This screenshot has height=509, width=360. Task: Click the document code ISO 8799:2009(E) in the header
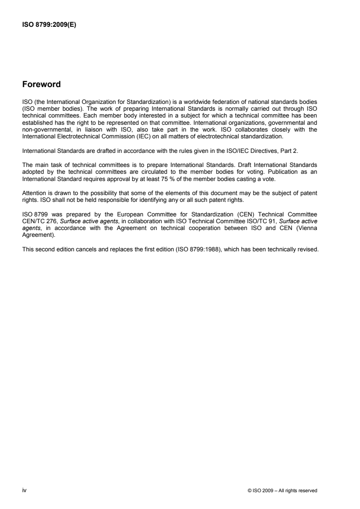[49, 25]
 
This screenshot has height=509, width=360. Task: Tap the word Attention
[33, 168]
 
